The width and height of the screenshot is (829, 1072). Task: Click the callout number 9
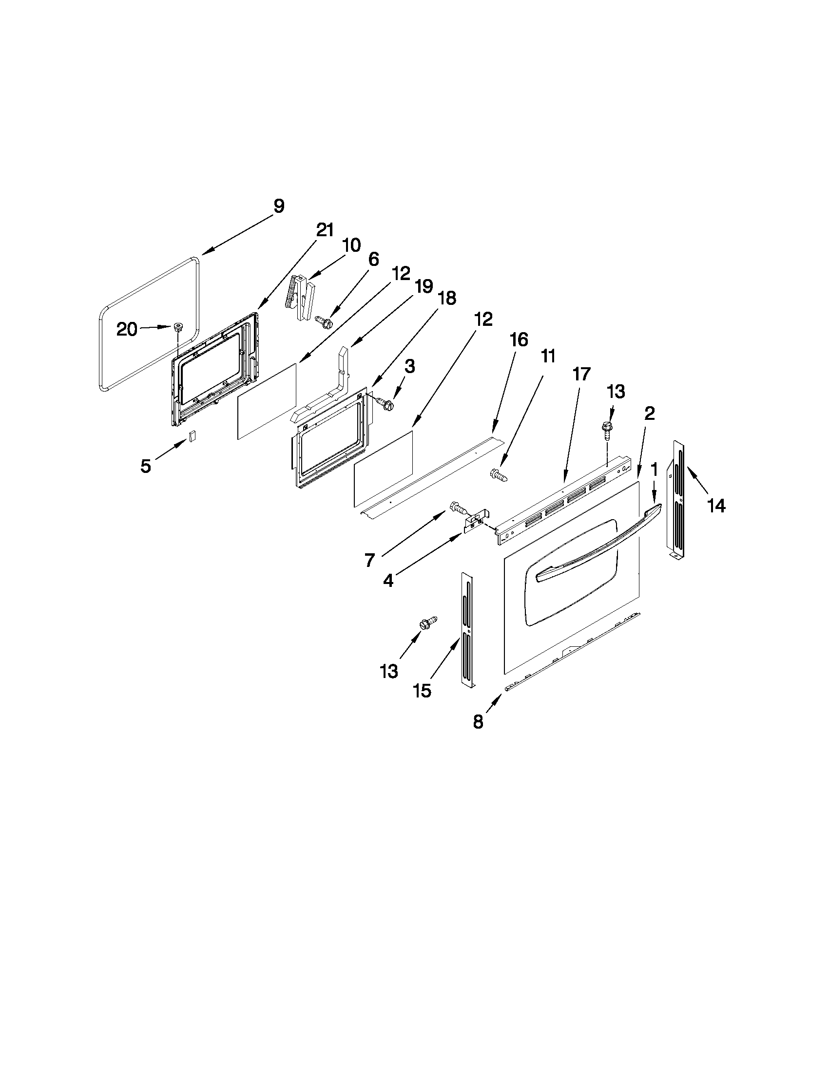[278, 206]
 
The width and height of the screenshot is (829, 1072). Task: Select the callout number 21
[324, 230]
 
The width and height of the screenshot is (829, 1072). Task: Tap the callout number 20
[127, 329]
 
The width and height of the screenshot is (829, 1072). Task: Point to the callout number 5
[145, 466]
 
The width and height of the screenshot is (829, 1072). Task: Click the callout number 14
[716, 505]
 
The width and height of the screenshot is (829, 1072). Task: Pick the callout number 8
[478, 721]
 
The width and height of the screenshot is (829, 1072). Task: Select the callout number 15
[422, 691]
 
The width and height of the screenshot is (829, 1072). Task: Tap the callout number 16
[519, 339]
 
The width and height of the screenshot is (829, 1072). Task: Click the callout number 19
[424, 286]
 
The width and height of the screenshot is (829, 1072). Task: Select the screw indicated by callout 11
[498, 474]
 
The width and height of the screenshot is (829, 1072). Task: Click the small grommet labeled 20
[176, 327]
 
